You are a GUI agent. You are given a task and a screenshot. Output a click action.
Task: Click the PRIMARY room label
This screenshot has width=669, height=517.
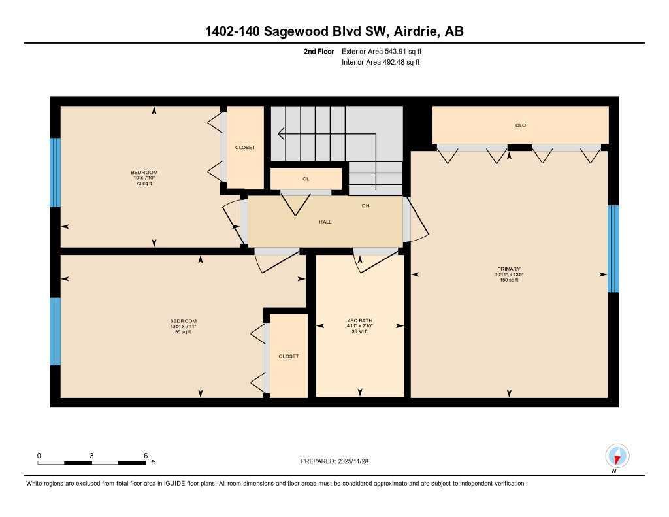pos(508,269)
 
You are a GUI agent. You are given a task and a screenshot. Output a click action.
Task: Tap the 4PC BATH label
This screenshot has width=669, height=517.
pos(359,320)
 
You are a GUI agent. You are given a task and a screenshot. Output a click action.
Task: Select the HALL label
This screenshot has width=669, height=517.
pos(325,222)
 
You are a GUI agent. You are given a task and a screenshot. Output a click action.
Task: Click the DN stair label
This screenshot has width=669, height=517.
pos(366,206)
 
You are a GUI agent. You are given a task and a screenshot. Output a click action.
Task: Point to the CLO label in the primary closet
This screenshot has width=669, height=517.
pos(521,125)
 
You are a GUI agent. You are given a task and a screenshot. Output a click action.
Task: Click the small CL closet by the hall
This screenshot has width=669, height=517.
pos(306,178)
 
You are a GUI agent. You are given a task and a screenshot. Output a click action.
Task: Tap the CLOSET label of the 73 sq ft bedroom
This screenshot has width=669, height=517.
pos(245,148)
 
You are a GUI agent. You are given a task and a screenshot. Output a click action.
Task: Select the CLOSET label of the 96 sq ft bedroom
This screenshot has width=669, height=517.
pos(288,356)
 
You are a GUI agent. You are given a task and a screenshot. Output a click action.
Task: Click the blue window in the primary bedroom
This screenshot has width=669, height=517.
pos(613,248)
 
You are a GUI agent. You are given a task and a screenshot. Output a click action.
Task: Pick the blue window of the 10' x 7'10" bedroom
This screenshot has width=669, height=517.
pos(56,173)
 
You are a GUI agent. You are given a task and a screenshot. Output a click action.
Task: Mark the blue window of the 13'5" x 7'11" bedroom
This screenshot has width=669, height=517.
pos(56,331)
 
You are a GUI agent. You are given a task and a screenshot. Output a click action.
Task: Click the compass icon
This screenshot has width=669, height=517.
pos(617,456)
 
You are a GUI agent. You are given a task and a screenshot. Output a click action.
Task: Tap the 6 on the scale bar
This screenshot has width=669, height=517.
pos(145,456)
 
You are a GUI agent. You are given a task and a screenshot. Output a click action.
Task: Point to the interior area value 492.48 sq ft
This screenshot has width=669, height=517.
pos(396,63)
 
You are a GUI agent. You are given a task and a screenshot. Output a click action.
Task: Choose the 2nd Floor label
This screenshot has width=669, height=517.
pos(319,51)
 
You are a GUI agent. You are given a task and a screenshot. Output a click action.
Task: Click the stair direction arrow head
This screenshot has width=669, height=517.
pos(280,134)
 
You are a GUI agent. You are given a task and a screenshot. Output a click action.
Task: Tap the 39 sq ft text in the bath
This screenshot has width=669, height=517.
pos(359,331)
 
